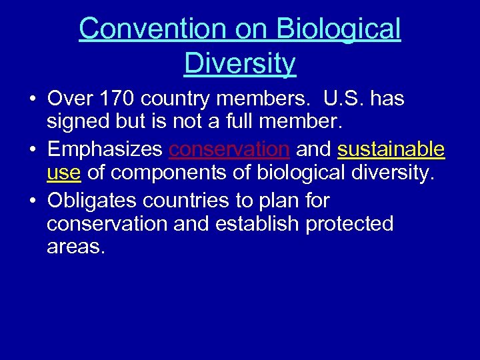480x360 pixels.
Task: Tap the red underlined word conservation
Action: [x=229, y=149]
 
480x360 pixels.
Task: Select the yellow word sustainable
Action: [x=391, y=149]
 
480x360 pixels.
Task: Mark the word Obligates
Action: [x=94, y=200]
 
